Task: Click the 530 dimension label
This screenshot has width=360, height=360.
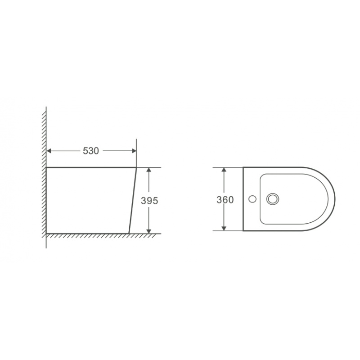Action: pyautogui.click(x=91, y=151)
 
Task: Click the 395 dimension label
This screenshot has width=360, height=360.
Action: pyautogui.click(x=149, y=201)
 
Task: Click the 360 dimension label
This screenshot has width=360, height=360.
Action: pyautogui.click(x=225, y=200)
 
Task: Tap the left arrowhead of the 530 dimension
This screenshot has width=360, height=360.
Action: pyautogui.click(x=49, y=151)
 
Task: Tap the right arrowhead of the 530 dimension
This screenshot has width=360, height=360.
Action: pyautogui.click(x=134, y=151)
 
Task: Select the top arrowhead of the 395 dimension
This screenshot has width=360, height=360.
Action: pyautogui.click(x=149, y=170)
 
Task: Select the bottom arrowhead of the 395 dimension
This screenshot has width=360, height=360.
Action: pyautogui.click(x=149, y=231)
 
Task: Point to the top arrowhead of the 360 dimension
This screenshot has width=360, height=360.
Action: pyautogui.click(x=224, y=170)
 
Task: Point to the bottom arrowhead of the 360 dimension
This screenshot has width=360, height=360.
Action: pyautogui.click(x=224, y=229)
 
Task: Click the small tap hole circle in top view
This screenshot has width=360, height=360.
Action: pyautogui.click(x=252, y=199)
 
